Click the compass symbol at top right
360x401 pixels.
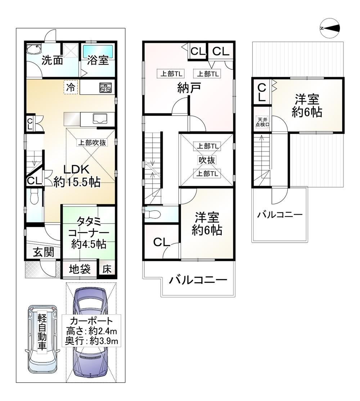pos(330,28)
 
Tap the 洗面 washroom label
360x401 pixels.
pos(52,60)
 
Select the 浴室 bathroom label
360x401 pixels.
pos(98,60)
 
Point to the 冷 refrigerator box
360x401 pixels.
pos(70,87)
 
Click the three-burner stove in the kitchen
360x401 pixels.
pos(105,88)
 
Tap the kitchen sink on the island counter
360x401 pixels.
pos(100,118)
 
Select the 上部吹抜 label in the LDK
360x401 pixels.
pos(92,143)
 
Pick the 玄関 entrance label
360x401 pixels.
pos(44,252)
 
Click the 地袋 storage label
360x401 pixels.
pos(80,269)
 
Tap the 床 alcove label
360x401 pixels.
pos(107,269)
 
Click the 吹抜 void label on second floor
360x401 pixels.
pos(207,160)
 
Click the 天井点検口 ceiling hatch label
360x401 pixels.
pos(262,122)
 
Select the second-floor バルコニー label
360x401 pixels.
pos(198,280)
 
